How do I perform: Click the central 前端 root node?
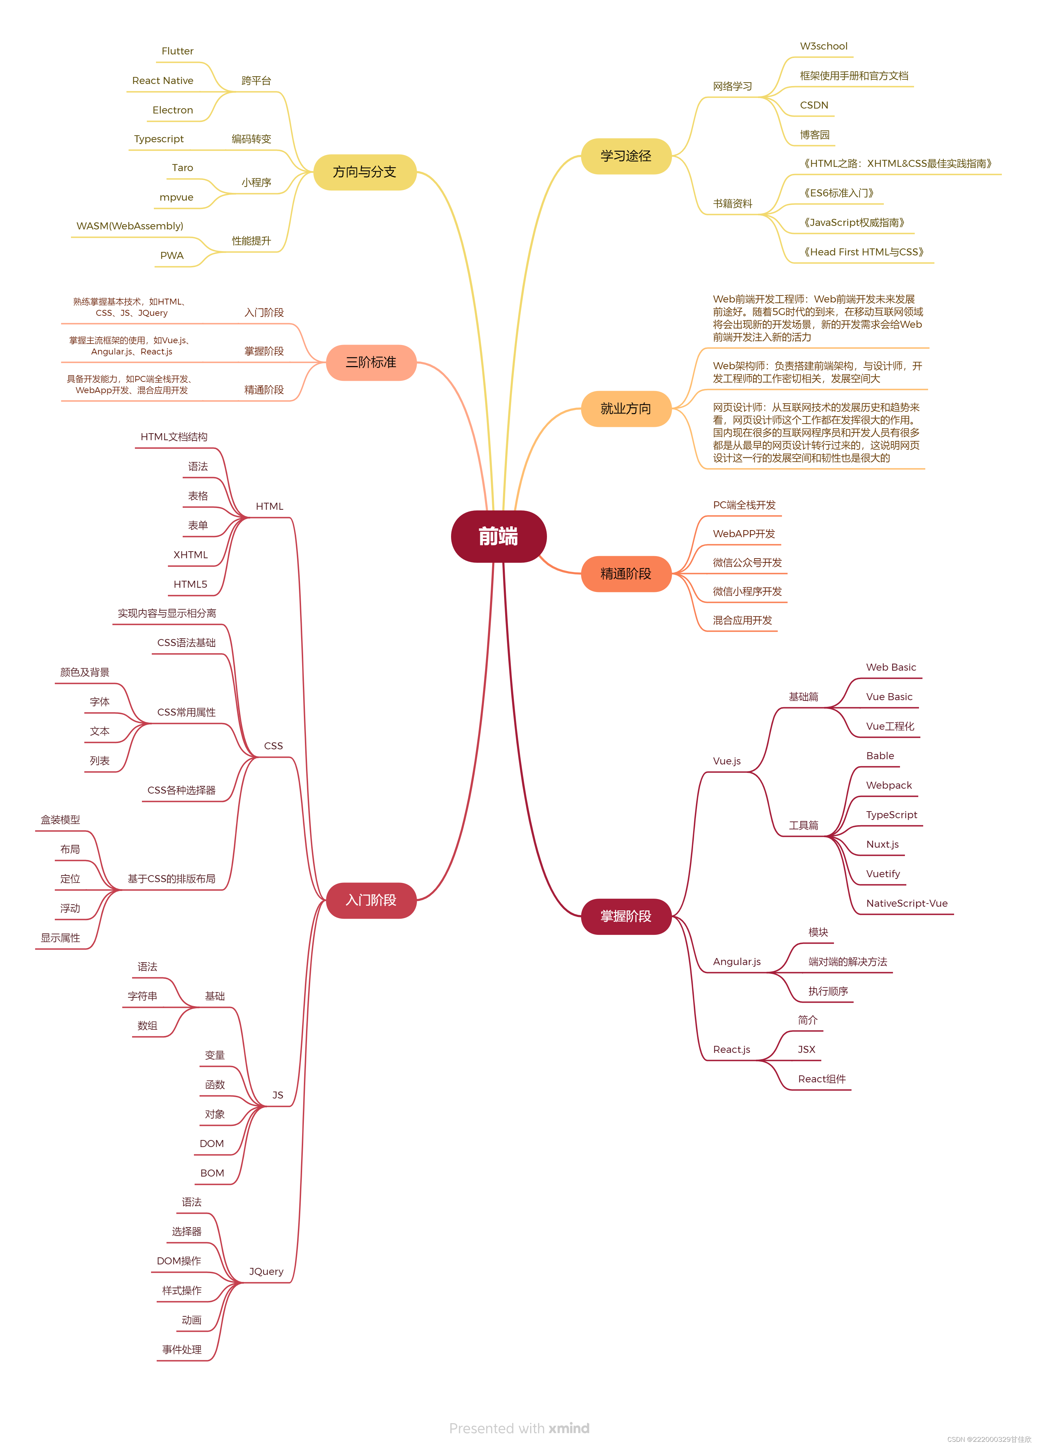tap(498, 536)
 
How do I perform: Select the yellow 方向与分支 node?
tap(365, 172)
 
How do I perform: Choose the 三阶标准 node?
tap(371, 362)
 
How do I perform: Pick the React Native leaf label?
tap(163, 81)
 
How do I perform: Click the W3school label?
tap(823, 46)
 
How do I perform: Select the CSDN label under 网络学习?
tap(814, 105)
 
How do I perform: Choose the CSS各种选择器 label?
tap(182, 790)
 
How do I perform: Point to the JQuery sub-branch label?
tap(266, 1271)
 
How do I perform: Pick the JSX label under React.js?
tap(806, 1049)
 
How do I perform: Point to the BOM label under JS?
tap(212, 1173)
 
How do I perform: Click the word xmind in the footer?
tap(569, 1428)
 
